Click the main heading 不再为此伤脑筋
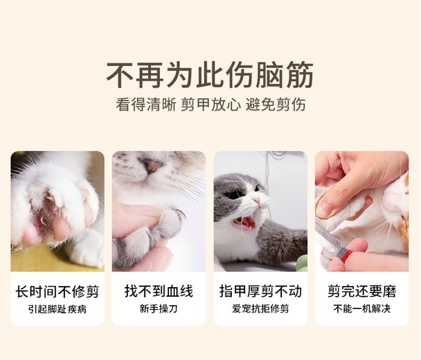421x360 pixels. point(210,75)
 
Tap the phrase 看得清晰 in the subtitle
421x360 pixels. point(146,105)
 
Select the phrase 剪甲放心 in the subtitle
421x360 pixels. point(210,105)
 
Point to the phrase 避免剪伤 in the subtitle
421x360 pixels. point(276,105)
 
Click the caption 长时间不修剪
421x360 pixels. point(57,292)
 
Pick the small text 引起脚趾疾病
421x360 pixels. point(57,309)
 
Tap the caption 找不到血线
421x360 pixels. point(159,292)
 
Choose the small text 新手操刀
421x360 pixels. point(159,309)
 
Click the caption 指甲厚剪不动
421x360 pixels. point(260,292)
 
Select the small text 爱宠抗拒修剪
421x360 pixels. point(260,309)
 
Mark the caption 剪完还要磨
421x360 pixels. point(362,292)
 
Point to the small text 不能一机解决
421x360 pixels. point(362,309)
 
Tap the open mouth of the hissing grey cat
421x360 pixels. point(245,223)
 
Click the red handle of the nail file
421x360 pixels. point(344,253)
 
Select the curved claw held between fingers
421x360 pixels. point(180,213)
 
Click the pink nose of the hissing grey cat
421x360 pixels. point(257,200)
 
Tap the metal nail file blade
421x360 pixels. point(327,237)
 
